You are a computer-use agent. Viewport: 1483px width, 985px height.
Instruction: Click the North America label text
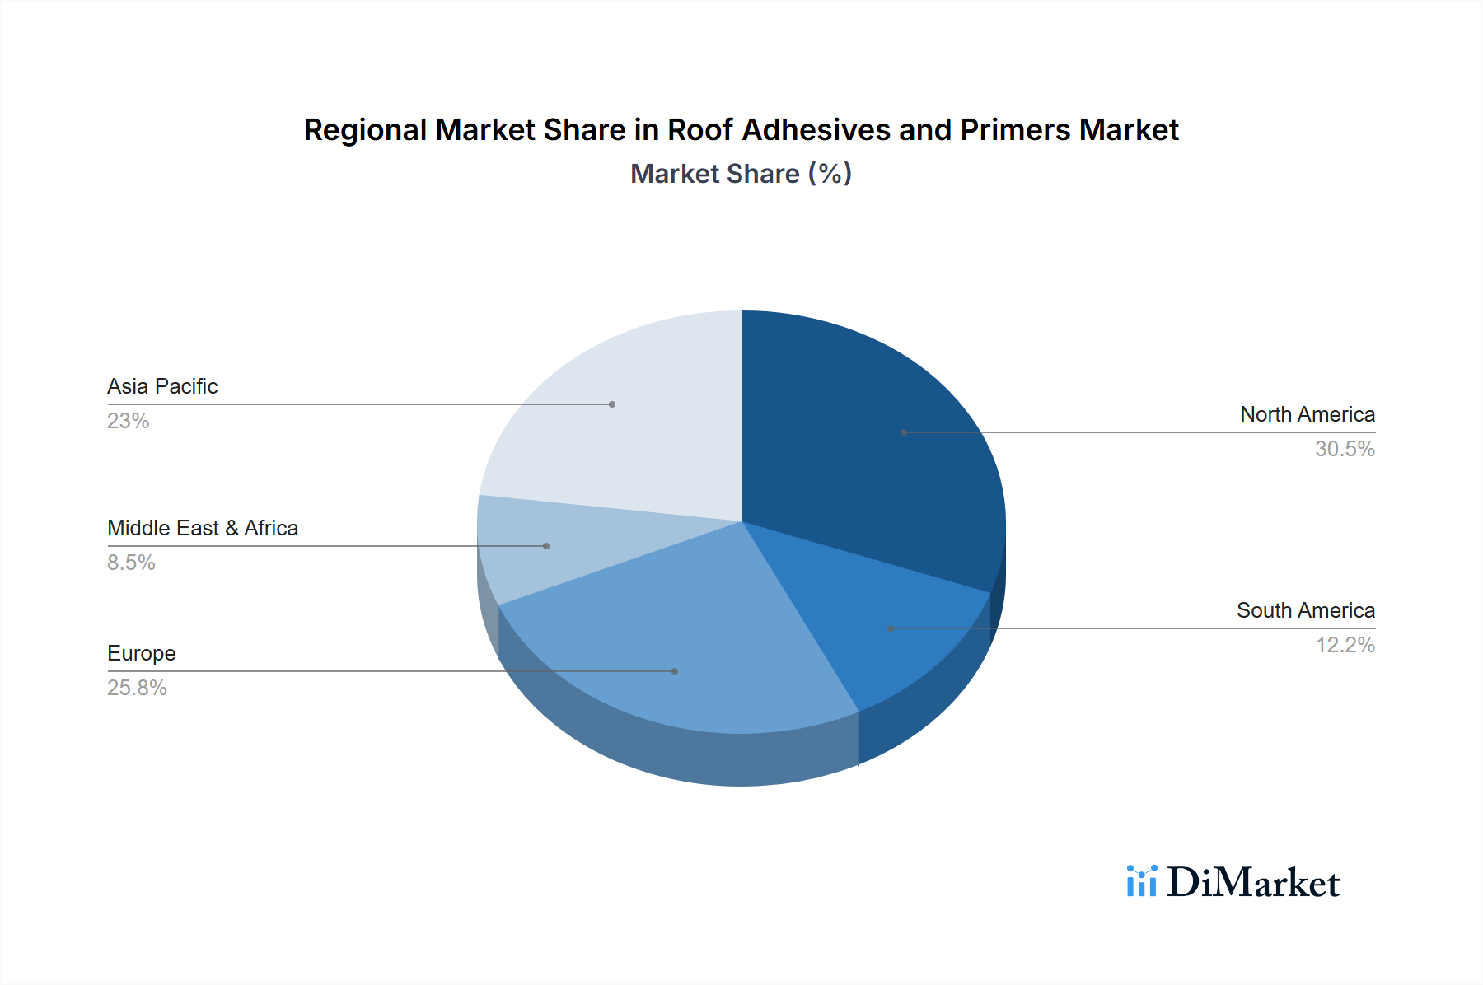pos(1308,414)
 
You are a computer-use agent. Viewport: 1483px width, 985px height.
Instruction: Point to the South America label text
pos(1305,610)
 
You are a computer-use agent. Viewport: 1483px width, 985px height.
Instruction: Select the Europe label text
pos(142,653)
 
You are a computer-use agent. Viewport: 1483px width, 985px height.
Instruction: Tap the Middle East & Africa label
pos(203,528)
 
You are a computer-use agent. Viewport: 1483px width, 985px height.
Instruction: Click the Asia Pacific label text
pos(162,386)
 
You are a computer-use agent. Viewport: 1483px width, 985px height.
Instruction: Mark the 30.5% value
pos(1345,449)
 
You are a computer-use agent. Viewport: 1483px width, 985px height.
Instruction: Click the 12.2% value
pos(1345,645)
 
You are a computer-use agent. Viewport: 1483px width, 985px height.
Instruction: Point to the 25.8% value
pos(137,688)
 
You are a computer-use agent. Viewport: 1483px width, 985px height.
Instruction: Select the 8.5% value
pos(131,563)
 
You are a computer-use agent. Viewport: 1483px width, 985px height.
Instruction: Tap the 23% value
pos(128,421)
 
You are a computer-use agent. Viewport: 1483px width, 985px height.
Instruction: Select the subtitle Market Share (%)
pos(741,174)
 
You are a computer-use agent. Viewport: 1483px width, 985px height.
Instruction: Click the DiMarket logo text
pos(1253,883)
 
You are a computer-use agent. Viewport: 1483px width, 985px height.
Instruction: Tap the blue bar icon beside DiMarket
pos(1141,881)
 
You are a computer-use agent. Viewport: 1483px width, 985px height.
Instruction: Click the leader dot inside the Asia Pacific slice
pos(612,404)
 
